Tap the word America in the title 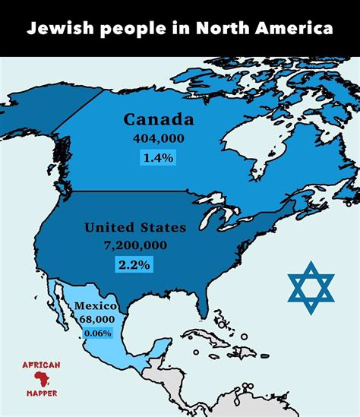pos(294,29)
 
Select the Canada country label pos(159,120)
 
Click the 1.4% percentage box pos(158,158)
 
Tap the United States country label pos(134,227)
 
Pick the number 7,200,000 pos(134,245)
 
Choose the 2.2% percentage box pos(134,264)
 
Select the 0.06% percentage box pos(97,333)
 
